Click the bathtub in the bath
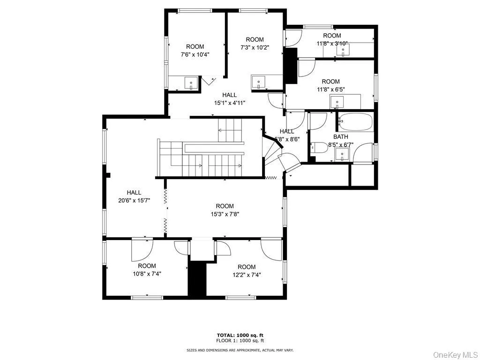coord(355,122)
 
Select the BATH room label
coord(341,137)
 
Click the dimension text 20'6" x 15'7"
coord(134,201)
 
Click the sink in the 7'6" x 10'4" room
coord(191,83)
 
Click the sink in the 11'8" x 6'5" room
coord(337,102)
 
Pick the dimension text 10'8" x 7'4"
coord(147,274)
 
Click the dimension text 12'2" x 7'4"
coord(246,275)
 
